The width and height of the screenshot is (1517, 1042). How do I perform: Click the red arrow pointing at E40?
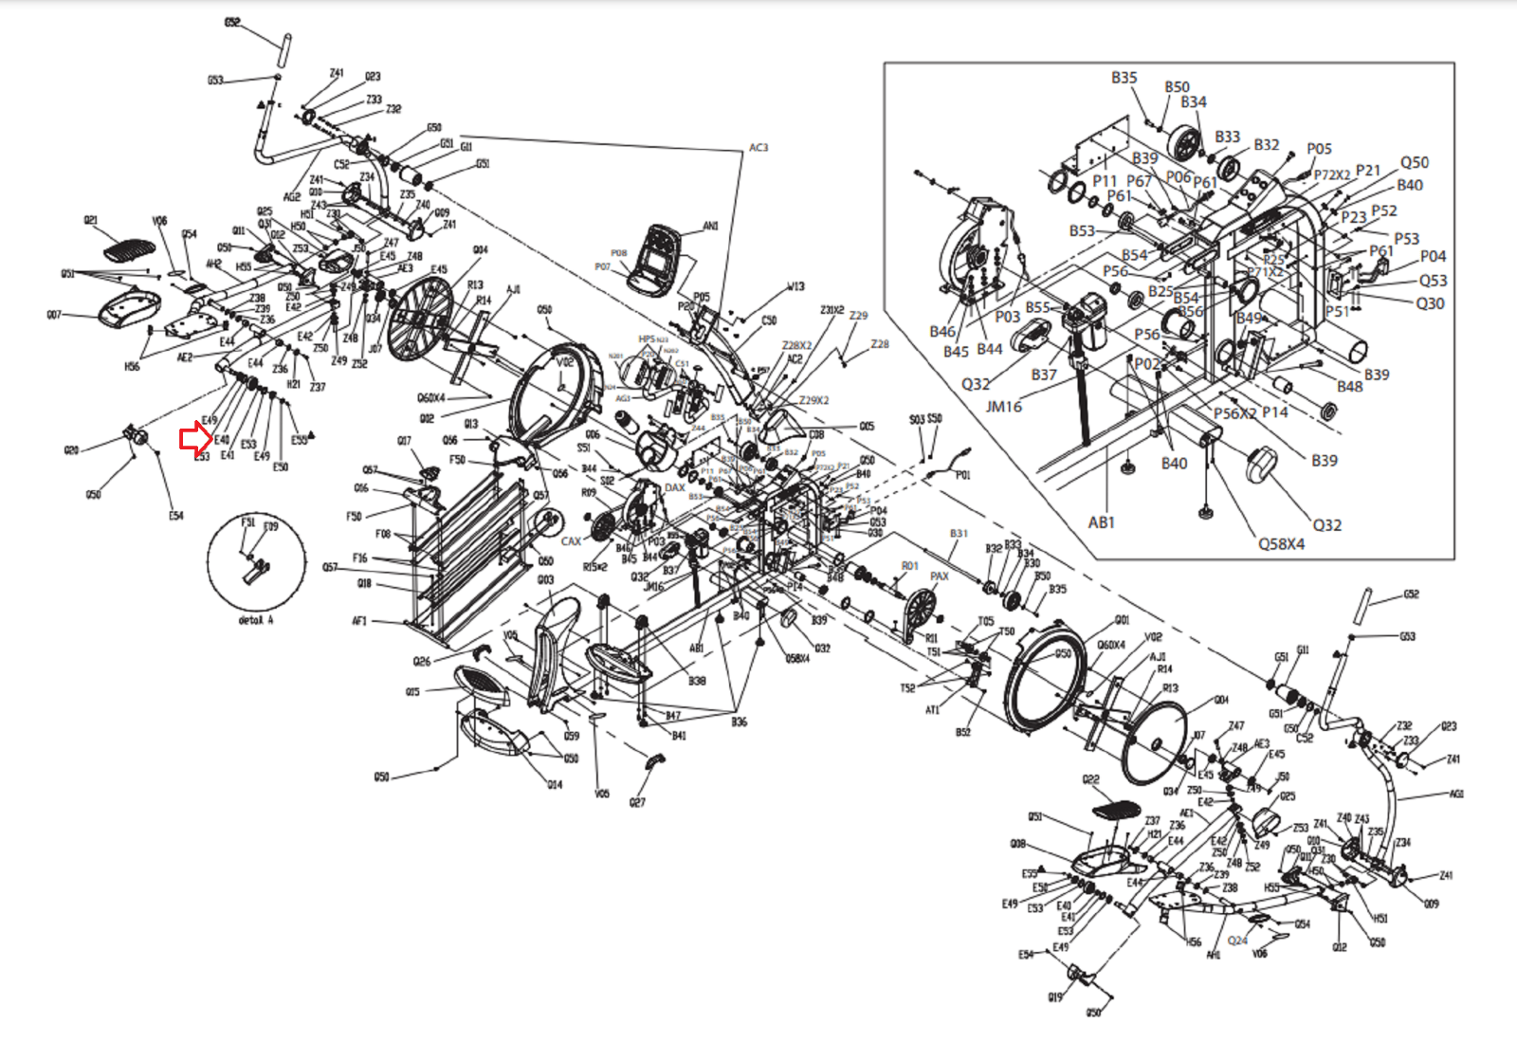click(x=195, y=438)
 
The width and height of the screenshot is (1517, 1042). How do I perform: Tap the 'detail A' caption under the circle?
click(x=256, y=620)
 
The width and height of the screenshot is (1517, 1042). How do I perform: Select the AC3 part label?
click(x=758, y=148)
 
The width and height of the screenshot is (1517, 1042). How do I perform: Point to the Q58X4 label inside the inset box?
click(x=1281, y=544)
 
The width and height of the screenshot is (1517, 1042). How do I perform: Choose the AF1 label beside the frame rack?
click(x=359, y=622)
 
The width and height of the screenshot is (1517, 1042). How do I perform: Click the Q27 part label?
click(x=637, y=803)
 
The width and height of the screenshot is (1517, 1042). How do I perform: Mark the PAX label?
click(x=939, y=576)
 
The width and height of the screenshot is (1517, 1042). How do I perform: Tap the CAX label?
click(x=571, y=541)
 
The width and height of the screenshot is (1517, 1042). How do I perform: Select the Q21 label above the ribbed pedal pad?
click(x=90, y=220)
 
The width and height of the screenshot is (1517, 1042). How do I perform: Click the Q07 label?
click(x=54, y=315)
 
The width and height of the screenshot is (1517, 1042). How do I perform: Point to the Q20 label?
click(x=71, y=449)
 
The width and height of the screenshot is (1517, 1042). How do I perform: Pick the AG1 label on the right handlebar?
click(x=1456, y=795)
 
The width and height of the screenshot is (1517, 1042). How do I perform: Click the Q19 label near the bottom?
click(x=1055, y=997)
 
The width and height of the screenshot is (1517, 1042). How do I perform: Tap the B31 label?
click(x=959, y=534)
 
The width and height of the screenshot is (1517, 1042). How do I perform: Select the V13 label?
click(x=795, y=286)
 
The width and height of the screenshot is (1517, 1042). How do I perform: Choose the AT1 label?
click(x=932, y=709)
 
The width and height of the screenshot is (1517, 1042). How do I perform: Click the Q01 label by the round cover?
click(x=1122, y=620)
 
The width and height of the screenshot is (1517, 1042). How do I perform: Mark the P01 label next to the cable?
click(x=962, y=475)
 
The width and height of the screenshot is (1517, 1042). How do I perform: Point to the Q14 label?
click(x=555, y=785)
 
